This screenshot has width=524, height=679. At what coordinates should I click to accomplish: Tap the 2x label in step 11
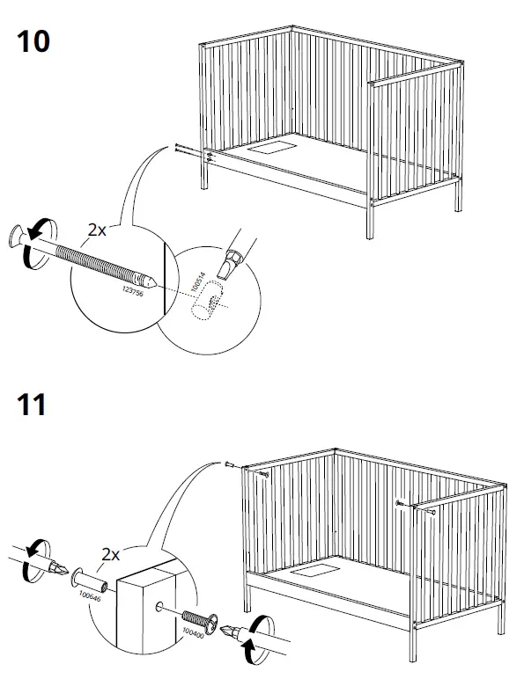[112, 556]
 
